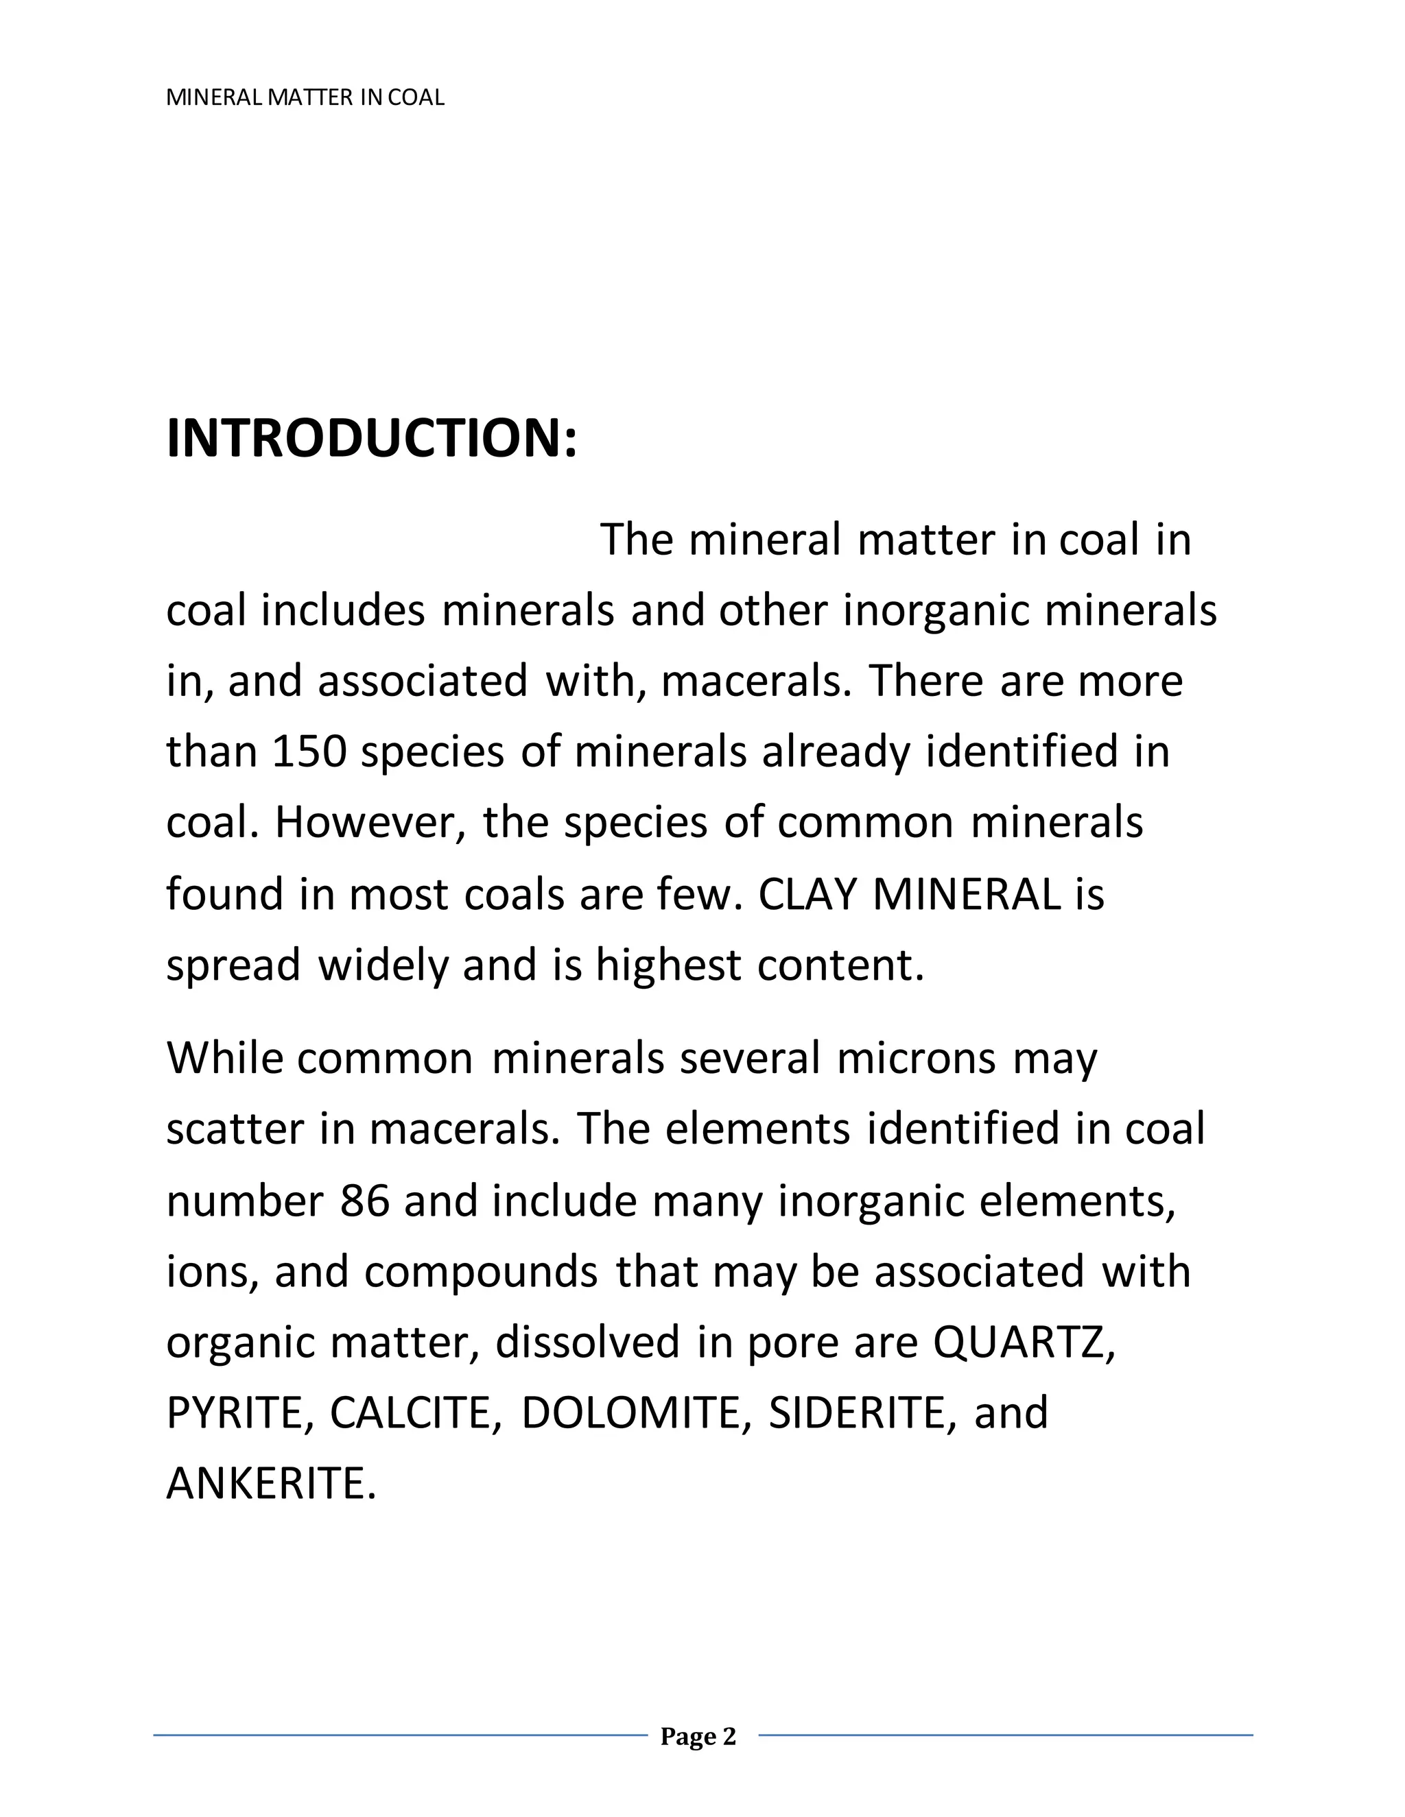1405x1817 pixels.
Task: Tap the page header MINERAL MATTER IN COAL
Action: click(x=305, y=98)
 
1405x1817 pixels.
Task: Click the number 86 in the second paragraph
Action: click(x=364, y=1201)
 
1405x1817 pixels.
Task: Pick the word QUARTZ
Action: click(x=1023, y=1342)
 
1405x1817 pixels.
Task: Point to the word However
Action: click(x=370, y=823)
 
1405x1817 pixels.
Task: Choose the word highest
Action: click(x=668, y=966)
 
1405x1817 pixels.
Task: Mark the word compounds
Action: click(x=480, y=1272)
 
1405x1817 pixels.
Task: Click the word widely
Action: click(x=383, y=966)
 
